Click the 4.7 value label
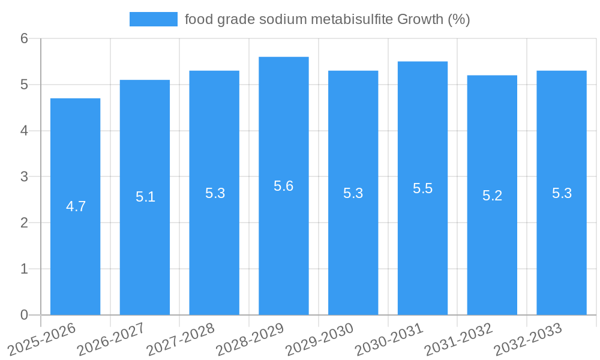click(x=76, y=206)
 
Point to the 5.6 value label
click(x=284, y=186)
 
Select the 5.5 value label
click(x=422, y=188)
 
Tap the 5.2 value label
click(x=492, y=196)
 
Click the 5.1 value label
click(x=145, y=197)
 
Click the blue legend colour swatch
click(x=154, y=19)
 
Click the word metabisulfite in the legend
click(x=352, y=19)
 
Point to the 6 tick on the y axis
click(x=25, y=38)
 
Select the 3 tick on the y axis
click(x=25, y=177)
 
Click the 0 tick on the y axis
click(x=25, y=315)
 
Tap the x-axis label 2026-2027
click(x=111, y=339)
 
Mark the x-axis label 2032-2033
click(x=527, y=339)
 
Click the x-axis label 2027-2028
click(x=181, y=339)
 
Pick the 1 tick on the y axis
click(x=25, y=269)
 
